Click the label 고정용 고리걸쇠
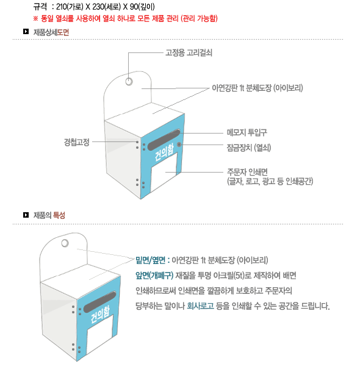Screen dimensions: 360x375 tap(189, 52)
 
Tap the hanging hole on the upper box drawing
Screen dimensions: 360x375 tap(129, 81)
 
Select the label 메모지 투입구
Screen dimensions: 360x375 tap(247, 132)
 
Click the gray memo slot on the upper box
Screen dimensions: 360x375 tap(164, 140)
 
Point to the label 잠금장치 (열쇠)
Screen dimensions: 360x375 tap(249, 148)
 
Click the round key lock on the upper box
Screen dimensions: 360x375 tap(179, 145)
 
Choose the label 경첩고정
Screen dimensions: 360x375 tap(77, 142)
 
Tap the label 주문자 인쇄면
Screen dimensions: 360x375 tap(247, 172)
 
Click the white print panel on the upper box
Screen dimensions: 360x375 tap(164, 173)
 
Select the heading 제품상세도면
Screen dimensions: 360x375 tap(51, 32)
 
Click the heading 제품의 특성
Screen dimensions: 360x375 tap(49, 215)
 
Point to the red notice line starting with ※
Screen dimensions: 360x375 tap(126, 18)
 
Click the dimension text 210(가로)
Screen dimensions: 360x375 tap(70, 7)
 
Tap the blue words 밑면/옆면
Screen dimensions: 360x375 tap(151, 260)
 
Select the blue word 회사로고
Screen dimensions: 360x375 tap(200, 305)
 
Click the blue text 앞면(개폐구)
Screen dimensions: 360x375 tap(154, 275)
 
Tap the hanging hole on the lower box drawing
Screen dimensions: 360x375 tap(65, 243)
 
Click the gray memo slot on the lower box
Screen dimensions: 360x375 tap(99, 302)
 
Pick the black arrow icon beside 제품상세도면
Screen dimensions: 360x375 tap(26, 31)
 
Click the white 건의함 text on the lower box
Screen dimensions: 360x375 tap(100, 314)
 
